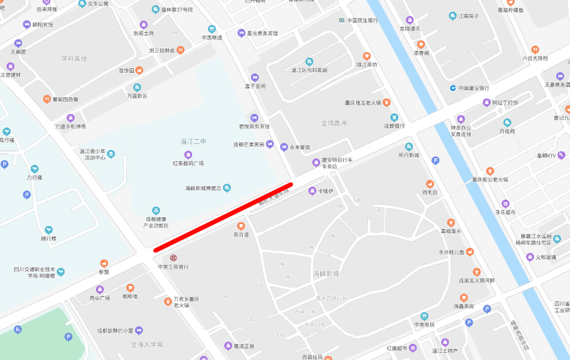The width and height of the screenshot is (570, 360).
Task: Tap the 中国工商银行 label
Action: (173, 266)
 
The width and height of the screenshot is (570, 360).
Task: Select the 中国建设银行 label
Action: (474, 88)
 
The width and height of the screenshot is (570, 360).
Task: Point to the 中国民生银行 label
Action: (363, 20)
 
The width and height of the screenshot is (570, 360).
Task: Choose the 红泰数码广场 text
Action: (188, 163)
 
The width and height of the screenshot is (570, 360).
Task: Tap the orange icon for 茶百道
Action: (241, 226)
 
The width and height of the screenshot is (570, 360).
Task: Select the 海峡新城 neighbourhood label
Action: (326, 274)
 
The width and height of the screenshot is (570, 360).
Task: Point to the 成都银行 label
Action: (395, 126)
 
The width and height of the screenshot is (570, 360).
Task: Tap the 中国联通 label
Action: (212, 37)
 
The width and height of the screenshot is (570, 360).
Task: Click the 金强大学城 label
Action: (147, 345)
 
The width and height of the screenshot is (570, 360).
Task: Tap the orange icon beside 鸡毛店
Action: (430, 184)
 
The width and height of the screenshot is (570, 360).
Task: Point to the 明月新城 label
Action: (409, 155)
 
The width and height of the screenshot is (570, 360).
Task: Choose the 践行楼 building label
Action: (49, 238)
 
